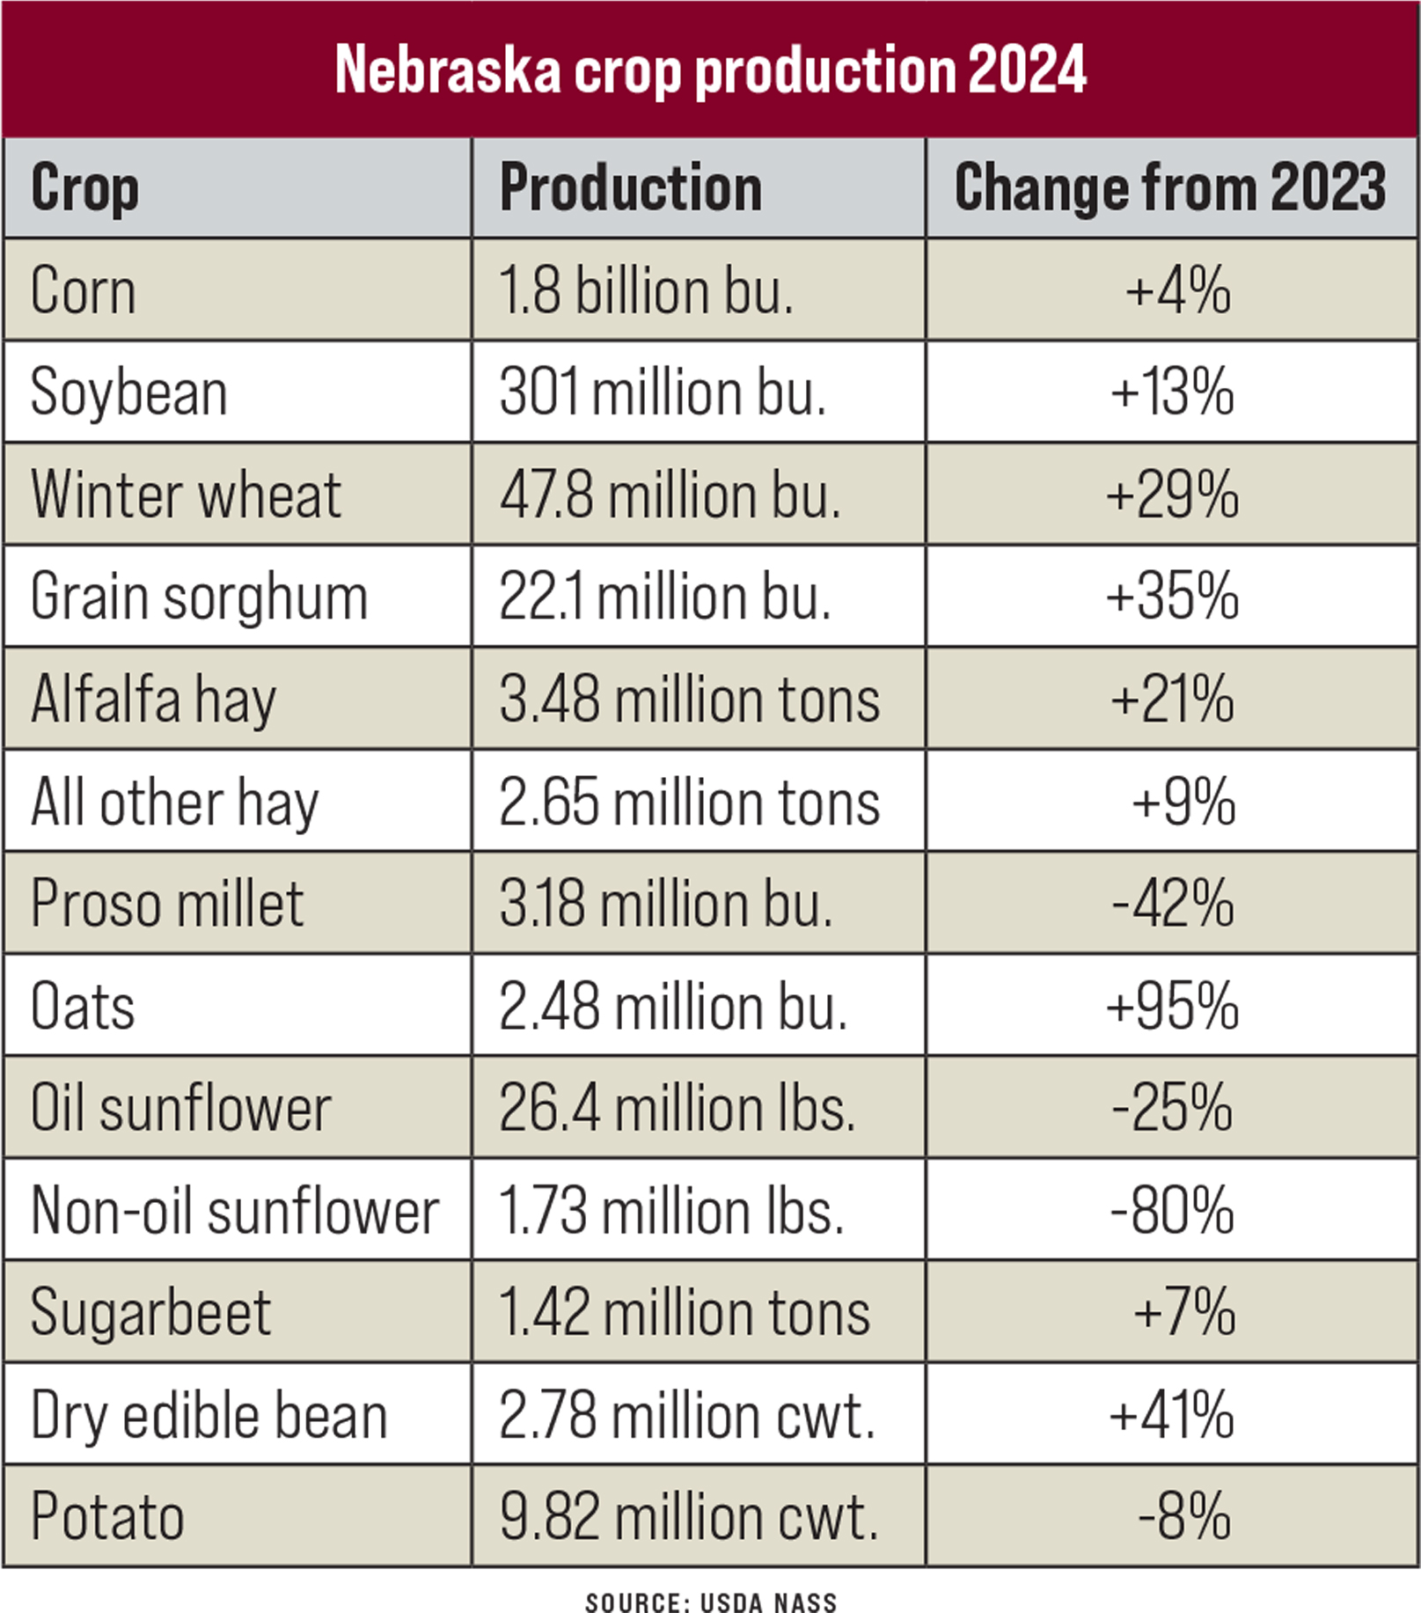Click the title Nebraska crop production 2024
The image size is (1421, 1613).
[710, 70]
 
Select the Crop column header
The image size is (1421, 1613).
[84, 188]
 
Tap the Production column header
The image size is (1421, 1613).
[630, 188]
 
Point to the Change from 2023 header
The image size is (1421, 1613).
[1170, 188]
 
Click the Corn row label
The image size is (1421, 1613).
[84, 290]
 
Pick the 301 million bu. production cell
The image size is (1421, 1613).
[663, 392]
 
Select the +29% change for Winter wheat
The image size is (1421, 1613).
[1172, 495]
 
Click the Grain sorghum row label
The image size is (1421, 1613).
[199, 597]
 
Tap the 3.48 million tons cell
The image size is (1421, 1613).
[689, 700]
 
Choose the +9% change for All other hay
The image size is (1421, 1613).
[1183, 802]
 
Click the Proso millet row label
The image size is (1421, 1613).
[167, 904]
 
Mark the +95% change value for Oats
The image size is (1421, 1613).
[1172, 1006]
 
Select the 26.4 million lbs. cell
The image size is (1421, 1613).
[677, 1108]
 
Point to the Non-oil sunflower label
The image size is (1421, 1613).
[234, 1211]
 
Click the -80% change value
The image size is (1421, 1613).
[1172, 1211]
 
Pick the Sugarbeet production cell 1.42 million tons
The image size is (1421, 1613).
[685, 1313]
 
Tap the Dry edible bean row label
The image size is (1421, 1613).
[209, 1415]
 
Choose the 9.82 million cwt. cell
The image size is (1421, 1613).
[689, 1517]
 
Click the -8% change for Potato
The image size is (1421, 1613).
[1184, 1517]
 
